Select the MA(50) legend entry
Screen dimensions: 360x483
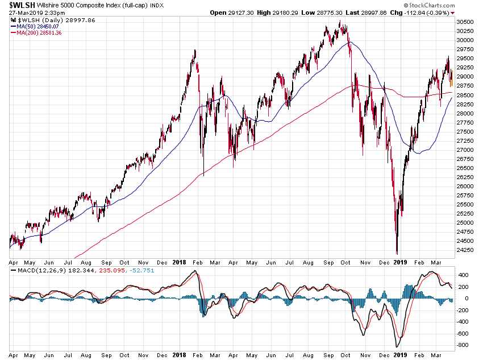click(x=36, y=26)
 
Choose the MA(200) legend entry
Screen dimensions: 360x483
click(x=38, y=33)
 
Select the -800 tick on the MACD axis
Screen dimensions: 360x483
click(x=463, y=345)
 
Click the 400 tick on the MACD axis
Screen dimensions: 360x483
click(x=463, y=275)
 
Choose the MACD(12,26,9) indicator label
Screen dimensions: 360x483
click(x=43, y=269)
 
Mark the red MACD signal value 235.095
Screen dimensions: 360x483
click(x=114, y=269)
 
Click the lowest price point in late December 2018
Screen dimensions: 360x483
click(x=397, y=253)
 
